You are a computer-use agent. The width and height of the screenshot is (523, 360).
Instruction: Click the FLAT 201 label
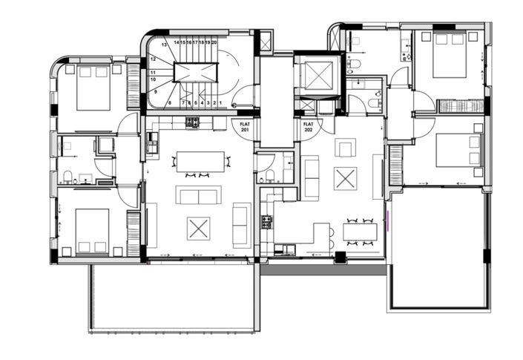click(245, 127)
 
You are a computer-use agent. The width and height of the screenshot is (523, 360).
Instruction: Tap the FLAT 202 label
click(308, 127)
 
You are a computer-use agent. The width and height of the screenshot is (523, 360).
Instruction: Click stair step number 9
click(157, 91)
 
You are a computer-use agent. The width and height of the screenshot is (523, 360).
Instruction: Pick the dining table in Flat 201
click(200, 160)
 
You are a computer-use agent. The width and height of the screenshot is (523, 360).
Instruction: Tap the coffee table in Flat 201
click(198, 227)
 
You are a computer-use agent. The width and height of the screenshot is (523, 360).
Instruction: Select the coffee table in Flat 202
click(344, 178)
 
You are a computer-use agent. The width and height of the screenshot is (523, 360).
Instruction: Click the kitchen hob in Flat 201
click(192, 122)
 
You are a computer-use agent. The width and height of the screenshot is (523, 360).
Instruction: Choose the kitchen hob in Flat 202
click(266, 220)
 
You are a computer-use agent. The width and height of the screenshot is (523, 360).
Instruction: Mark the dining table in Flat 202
click(359, 232)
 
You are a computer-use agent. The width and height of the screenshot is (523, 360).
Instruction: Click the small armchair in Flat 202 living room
click(345, 148)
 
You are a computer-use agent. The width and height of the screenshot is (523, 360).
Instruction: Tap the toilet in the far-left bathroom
click(68, 177)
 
